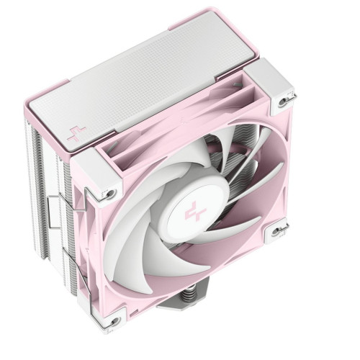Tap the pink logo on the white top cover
click(x=73, y=133)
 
